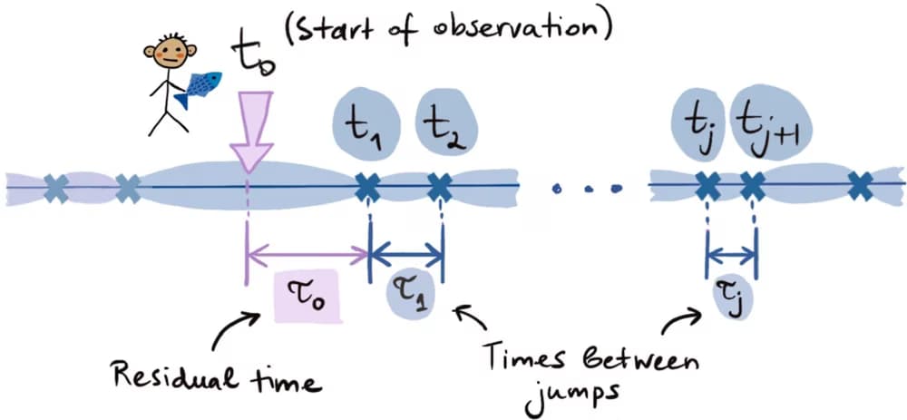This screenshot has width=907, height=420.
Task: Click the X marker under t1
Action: click(x=368, y=188)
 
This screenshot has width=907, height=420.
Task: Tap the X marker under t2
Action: click(x=441, y=188)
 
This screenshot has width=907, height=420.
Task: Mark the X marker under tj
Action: click(x=707, y=188)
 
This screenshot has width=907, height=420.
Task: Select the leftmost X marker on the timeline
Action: click(x=56, y=188)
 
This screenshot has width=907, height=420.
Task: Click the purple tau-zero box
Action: click(x=307, y=296)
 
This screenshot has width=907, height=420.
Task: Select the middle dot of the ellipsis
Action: click(x=589, y=189)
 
